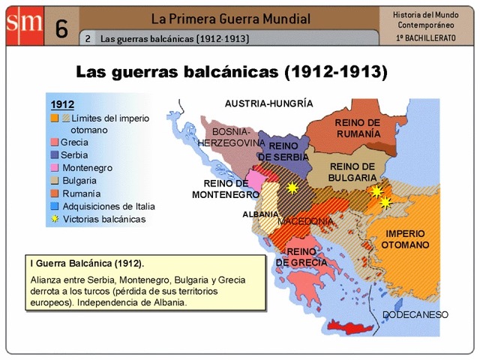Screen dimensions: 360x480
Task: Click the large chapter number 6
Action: pyautogui.click(x=61, y=29)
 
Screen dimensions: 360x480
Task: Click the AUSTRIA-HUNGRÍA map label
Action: pyautogui.click(x=268, y=103)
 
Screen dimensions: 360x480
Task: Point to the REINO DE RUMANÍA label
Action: pyautogui.click(x=357, y=127)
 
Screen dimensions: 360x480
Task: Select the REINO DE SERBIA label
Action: pyautogui.click(x=284, y=151)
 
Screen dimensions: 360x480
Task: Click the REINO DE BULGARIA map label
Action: pyautogui.click(x=352, y=172)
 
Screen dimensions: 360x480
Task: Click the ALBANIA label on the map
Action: pyautogui.click(x=260, y=214)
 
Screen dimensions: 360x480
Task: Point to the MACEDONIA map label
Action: pyautogui.click(x=305, y=221)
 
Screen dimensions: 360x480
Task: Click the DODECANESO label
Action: pyautogui.click(x=415, y=314)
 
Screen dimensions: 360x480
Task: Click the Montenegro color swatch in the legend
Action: pyautogui.click(x=54, y=167)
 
